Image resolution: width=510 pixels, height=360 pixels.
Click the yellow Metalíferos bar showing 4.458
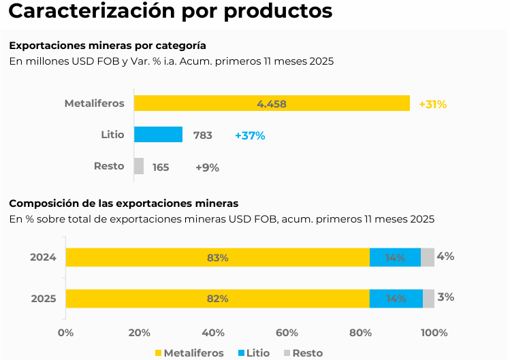pos(272,103)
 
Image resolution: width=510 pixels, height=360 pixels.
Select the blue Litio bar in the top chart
pos(158,135)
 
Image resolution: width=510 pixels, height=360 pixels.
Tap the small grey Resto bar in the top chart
pos(139,166)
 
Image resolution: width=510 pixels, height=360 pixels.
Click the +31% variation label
pos(432,104)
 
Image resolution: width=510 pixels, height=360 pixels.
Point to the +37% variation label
pos(250,135)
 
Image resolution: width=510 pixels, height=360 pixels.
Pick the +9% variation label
pos(207,167)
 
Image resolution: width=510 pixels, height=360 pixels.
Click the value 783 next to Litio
pos(203,135)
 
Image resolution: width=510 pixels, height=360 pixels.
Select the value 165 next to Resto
pos(161,167)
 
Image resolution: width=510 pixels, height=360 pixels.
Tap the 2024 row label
pos(43,257)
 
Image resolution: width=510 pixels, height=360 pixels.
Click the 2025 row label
pos(43,298)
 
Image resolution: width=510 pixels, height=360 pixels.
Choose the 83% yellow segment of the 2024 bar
pos(217,257)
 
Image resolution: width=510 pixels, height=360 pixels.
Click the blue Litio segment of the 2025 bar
pos(396,298)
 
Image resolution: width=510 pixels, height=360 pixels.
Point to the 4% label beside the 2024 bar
pos(445,257)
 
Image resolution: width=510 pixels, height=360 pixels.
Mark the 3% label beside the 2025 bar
pos(445,297)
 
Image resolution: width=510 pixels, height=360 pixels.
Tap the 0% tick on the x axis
pos(65,333)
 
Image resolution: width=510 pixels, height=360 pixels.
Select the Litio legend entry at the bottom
pos(253,353)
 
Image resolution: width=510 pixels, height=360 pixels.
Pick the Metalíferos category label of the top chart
pos(94,103)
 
